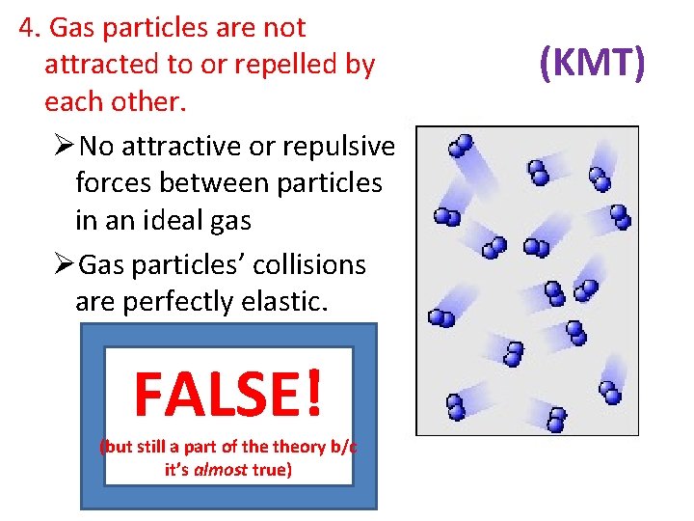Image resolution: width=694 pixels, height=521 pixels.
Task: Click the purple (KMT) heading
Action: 591,64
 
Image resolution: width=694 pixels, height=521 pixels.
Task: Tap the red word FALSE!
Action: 227,395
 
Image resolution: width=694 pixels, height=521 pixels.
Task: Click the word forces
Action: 111,182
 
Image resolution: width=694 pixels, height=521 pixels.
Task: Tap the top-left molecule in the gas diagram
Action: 462,146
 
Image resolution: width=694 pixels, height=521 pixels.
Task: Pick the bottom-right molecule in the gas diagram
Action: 609,393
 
